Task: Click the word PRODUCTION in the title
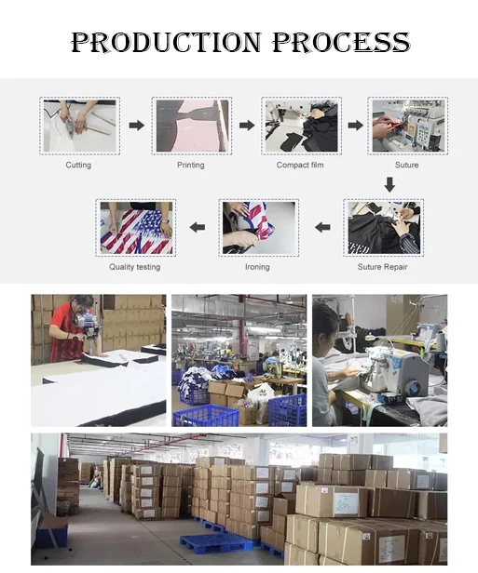point(166,42)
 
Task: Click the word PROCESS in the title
point(341,42)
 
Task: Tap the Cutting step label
point(78,166)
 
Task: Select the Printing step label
point(191,166)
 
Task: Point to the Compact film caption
point(300,166)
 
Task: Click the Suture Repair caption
point(382,267)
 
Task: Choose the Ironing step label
point(257,267)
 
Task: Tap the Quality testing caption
point(135,267)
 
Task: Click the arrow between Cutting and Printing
point(137,126)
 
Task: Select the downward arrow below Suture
point(389,184)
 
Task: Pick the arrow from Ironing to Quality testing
point(198,227)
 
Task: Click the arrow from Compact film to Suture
point(355,126)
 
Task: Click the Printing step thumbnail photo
point(192,126)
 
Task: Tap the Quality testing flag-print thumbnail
point(136,228)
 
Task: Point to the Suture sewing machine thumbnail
point(408,126)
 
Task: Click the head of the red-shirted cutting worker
point(83,303)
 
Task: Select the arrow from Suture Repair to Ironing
point(322,227)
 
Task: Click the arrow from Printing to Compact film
point(247,126)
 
